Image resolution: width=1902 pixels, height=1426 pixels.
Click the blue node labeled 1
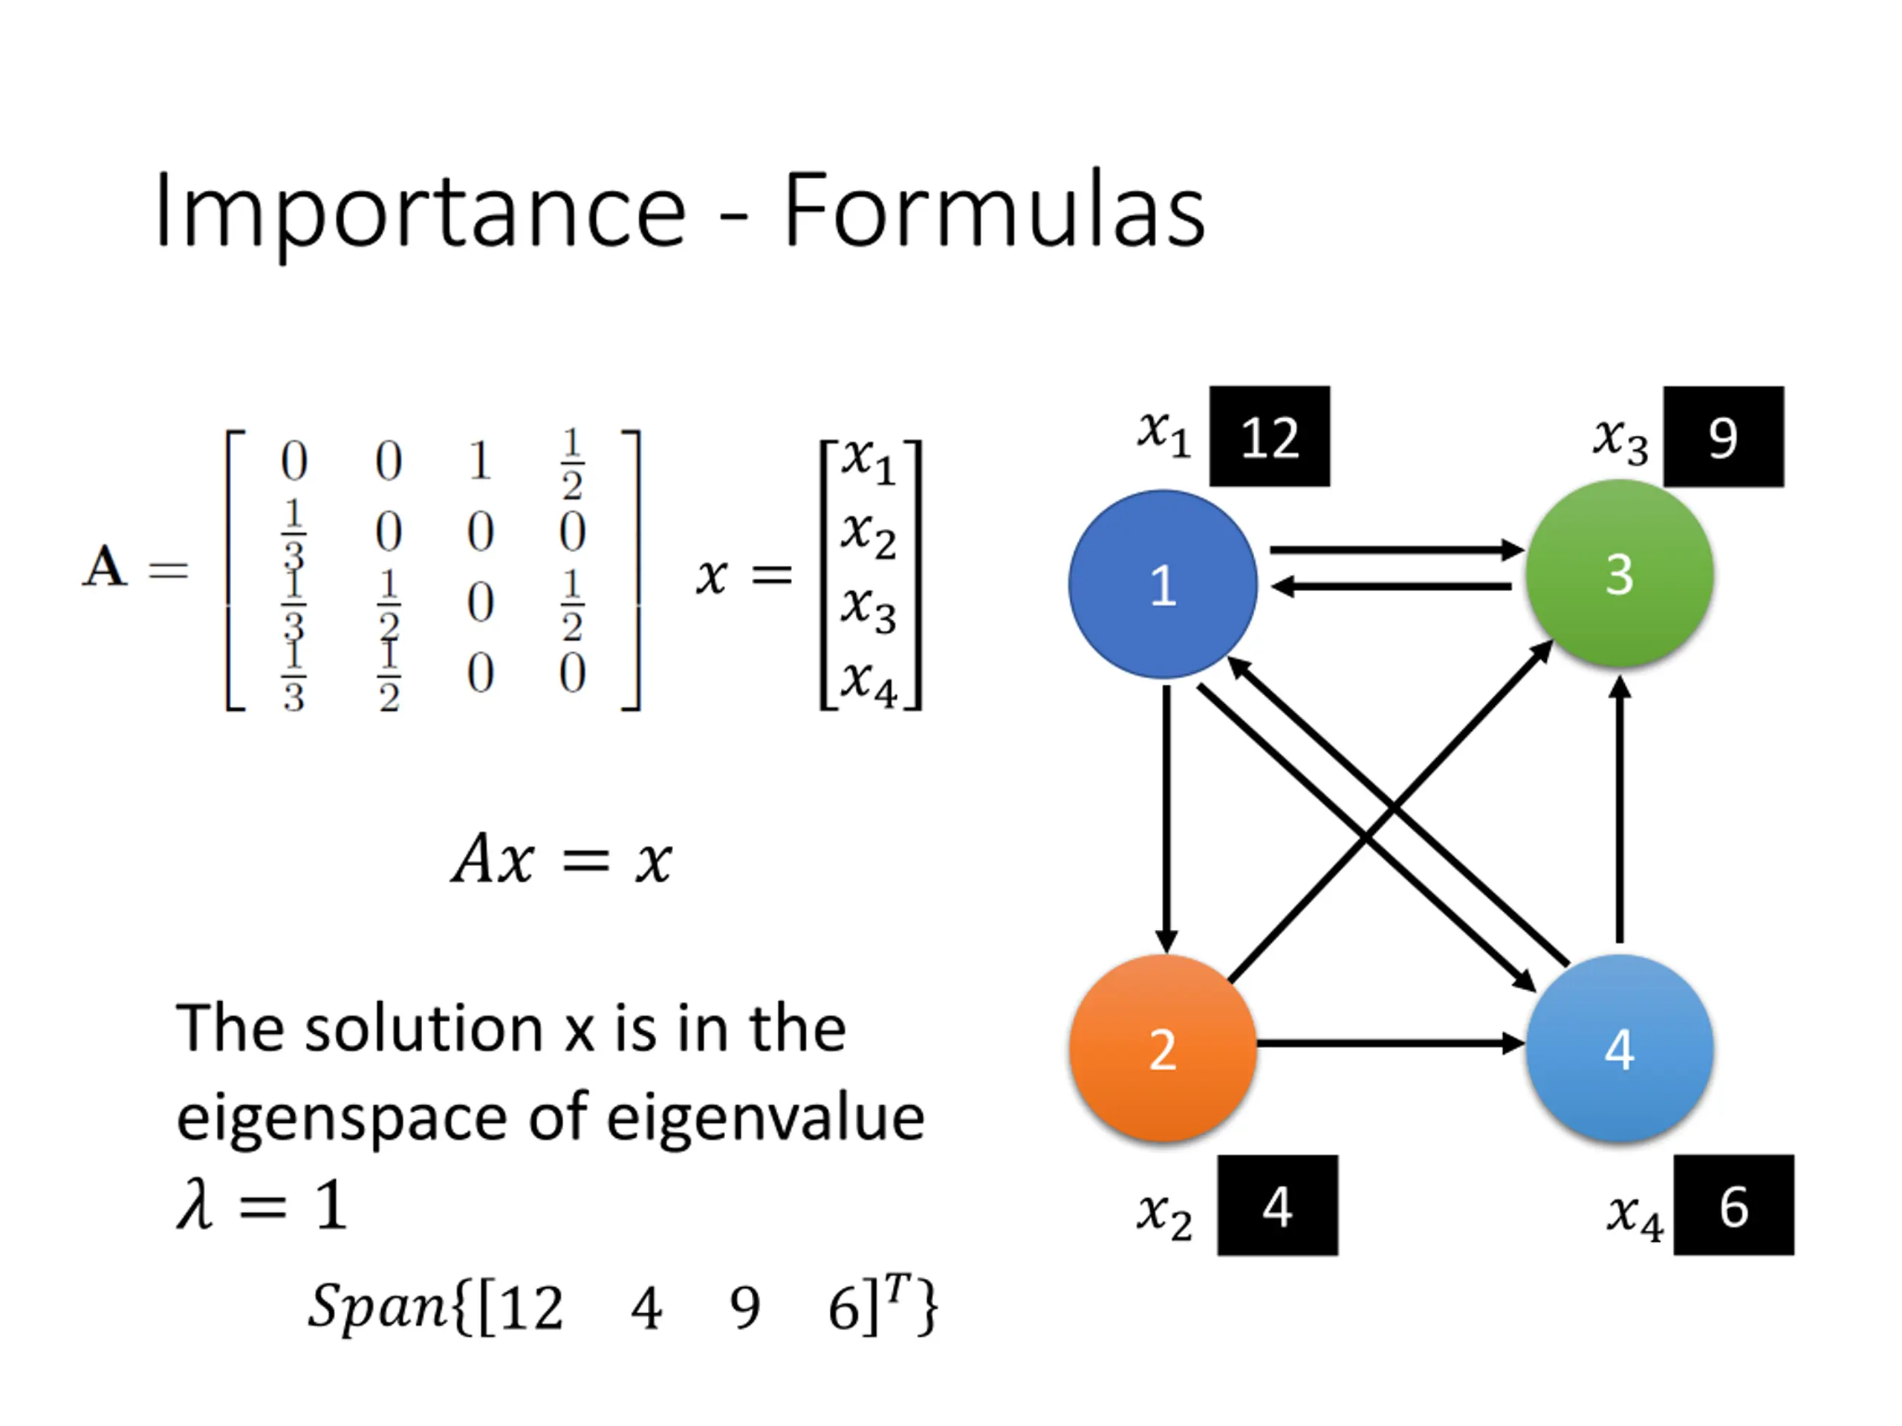pos(1163,585)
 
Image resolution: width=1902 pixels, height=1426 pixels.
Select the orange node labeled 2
pos(1163,1049)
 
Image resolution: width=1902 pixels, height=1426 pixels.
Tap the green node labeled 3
pos(1620,573)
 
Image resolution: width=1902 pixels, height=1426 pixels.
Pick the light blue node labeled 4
pos(1620,1049)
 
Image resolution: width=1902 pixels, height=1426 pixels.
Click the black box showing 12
pos(1269,437)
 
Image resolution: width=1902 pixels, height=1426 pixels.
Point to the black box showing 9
pos(1723,437)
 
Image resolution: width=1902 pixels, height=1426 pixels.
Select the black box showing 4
pos(1277,1205)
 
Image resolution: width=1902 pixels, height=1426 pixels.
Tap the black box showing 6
pos(1733,1205)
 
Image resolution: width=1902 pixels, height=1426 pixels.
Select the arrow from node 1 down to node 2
pos(1166,819)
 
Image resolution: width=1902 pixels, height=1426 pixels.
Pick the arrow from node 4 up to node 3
pos(1620,809)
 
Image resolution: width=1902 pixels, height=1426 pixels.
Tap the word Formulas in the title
pos(995,209)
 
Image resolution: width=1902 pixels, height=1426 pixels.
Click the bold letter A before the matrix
pos(105,567)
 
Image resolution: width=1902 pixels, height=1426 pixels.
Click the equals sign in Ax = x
pos(585,859)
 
